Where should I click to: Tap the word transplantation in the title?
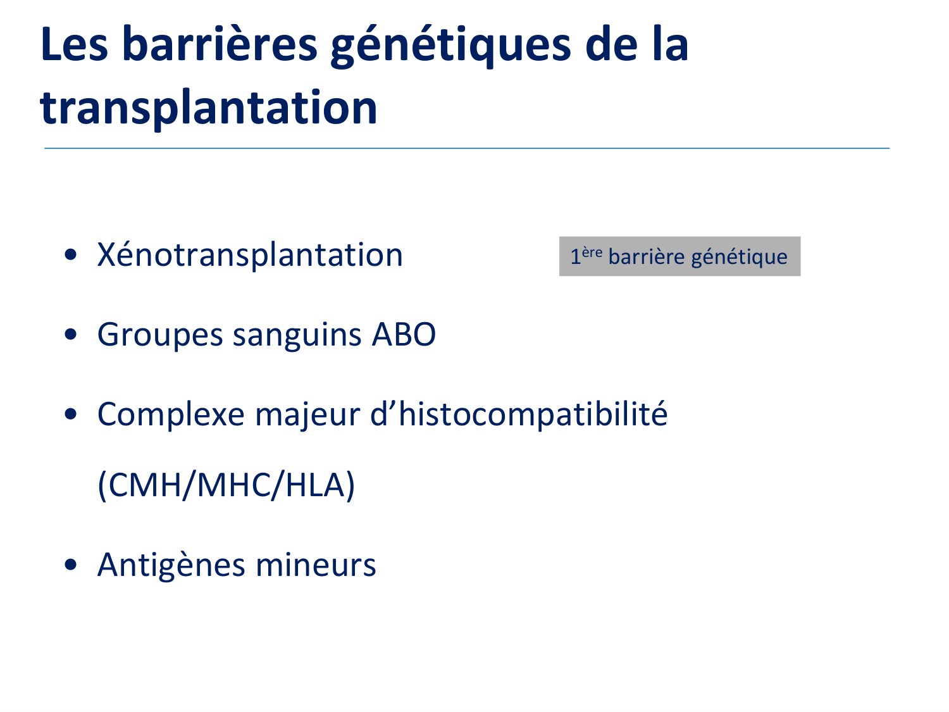click(x=209, y=108)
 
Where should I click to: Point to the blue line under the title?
click(x=467, y=148)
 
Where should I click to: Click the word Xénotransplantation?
click(x=250, y=255)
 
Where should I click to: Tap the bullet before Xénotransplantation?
click(x=70, y=254)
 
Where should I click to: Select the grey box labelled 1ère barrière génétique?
click(x=679, y=256)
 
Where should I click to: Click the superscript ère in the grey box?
click(x=592, y=252)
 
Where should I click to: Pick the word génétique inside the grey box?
click(x=740, y=257)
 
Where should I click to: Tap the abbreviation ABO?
click(x=404, y=334)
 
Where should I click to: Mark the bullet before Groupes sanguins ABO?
click(x=70, y=334)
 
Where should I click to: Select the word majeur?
click(x=307, y=415)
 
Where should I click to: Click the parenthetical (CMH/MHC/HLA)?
click(x=226, y=485)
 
